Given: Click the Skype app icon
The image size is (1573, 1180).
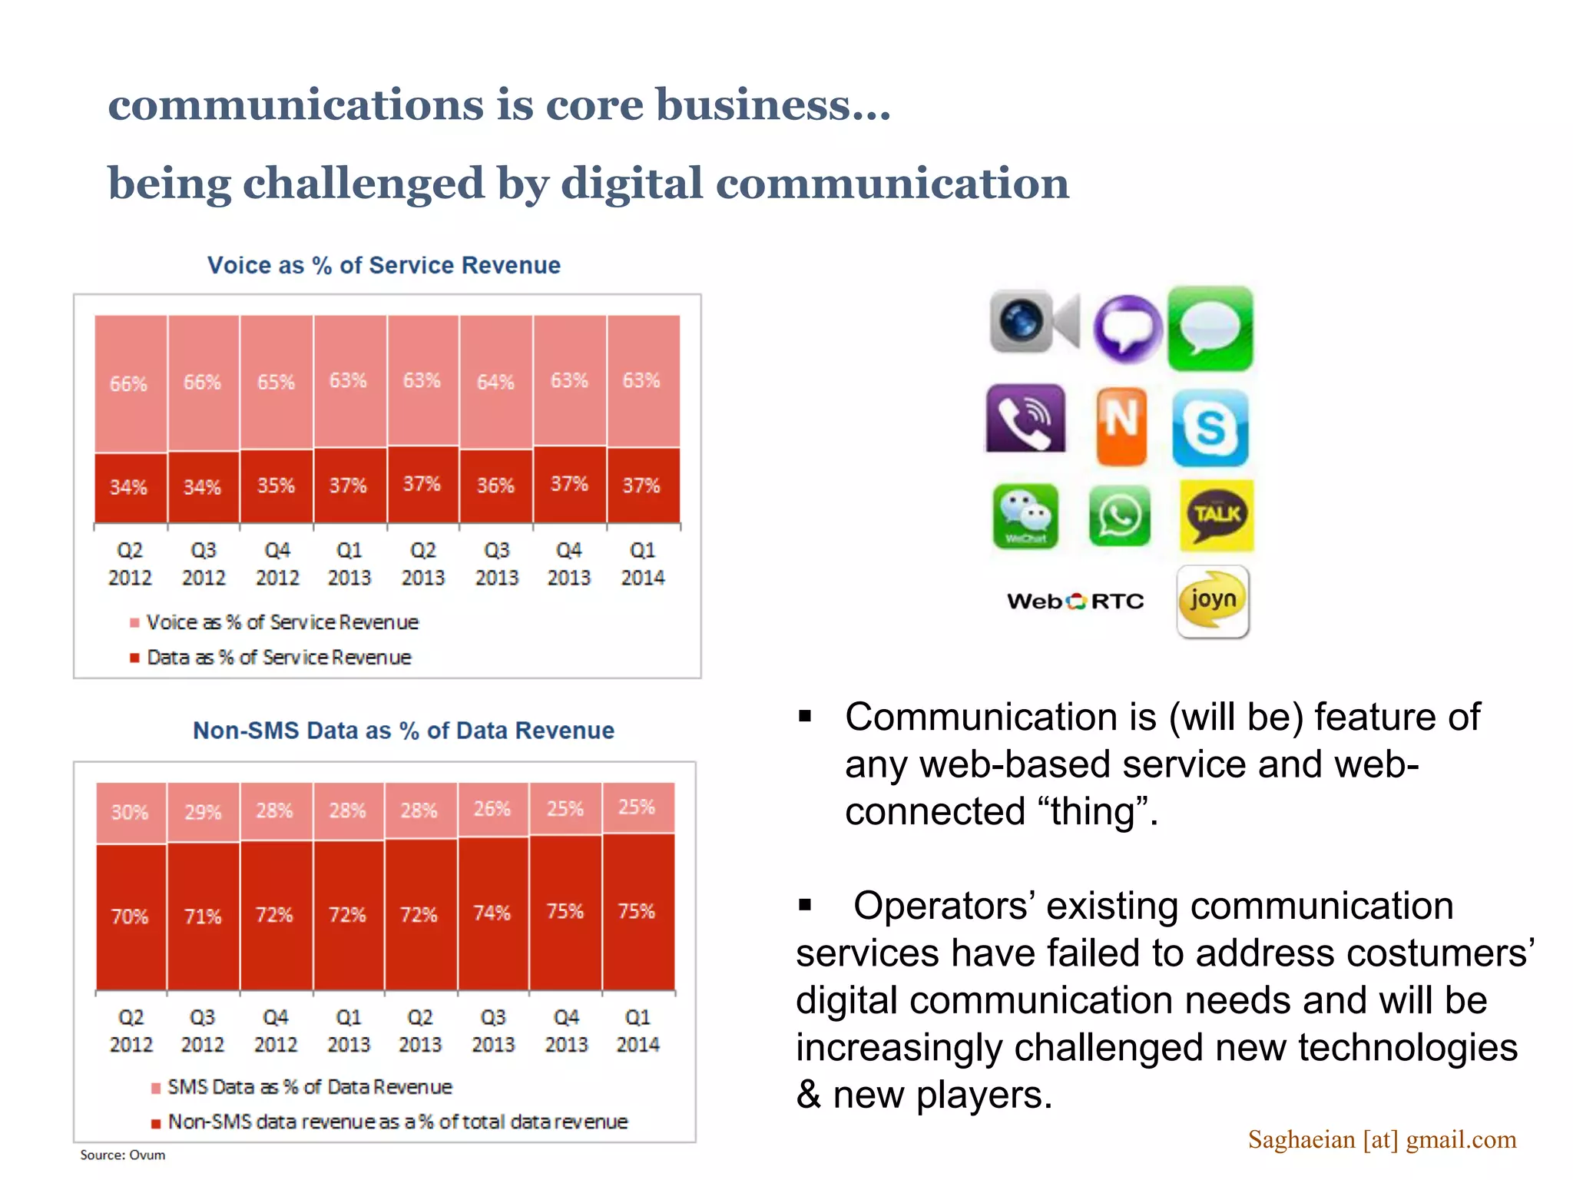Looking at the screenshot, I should pyautogui.click(x=1210, y=428).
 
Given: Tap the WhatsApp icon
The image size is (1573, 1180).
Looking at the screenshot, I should pyautogui.click(x=1120, y=515).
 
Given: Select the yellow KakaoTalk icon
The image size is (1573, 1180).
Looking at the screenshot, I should pyautogui.click(x=1217, y=515).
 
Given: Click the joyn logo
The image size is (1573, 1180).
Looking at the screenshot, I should pyautogui.click(x=1213, y=602).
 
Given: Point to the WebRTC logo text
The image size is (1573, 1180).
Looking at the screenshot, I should pyautogui.click(x=1075, y=601).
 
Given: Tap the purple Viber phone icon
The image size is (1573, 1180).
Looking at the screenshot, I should pyautogui.click(x=1025, y=419).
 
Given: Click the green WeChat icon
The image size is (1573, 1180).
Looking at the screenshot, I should pyautogui.click(x=1025, y=515).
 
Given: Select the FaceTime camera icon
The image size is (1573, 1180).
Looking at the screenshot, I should pyautogui.click(x=1034, y=321).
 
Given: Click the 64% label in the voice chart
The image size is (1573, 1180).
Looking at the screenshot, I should pyautogui.click(x=495, y=382).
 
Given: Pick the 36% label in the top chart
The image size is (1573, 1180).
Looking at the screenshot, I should pyautogui.click(x=495, y=486).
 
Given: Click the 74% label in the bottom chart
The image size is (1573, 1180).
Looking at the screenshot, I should pyautogui.click(x=492, y=913).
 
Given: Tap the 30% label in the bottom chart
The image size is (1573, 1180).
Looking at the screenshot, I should pyautogui.click(x=129, y=812).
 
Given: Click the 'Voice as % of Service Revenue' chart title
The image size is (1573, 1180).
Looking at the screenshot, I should pyautogui.click(x=384, y=265).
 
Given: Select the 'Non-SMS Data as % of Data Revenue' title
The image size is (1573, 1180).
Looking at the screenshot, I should pyautogui.click(x=403, y=730).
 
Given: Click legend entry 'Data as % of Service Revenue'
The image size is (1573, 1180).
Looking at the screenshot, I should pyautogui.click(x=279, y=658).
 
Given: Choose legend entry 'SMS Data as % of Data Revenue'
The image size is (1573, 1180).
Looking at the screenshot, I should pyautogui.click(x=310, y=1087).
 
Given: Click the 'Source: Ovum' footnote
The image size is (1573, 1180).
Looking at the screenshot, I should pyautogui.click(x=123, y=1155).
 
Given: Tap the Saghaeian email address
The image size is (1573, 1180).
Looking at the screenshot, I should pyautogui.click(x=1382, y=1139).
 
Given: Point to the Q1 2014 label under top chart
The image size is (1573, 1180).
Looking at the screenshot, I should pyautogui.click(x=642, y=564).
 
